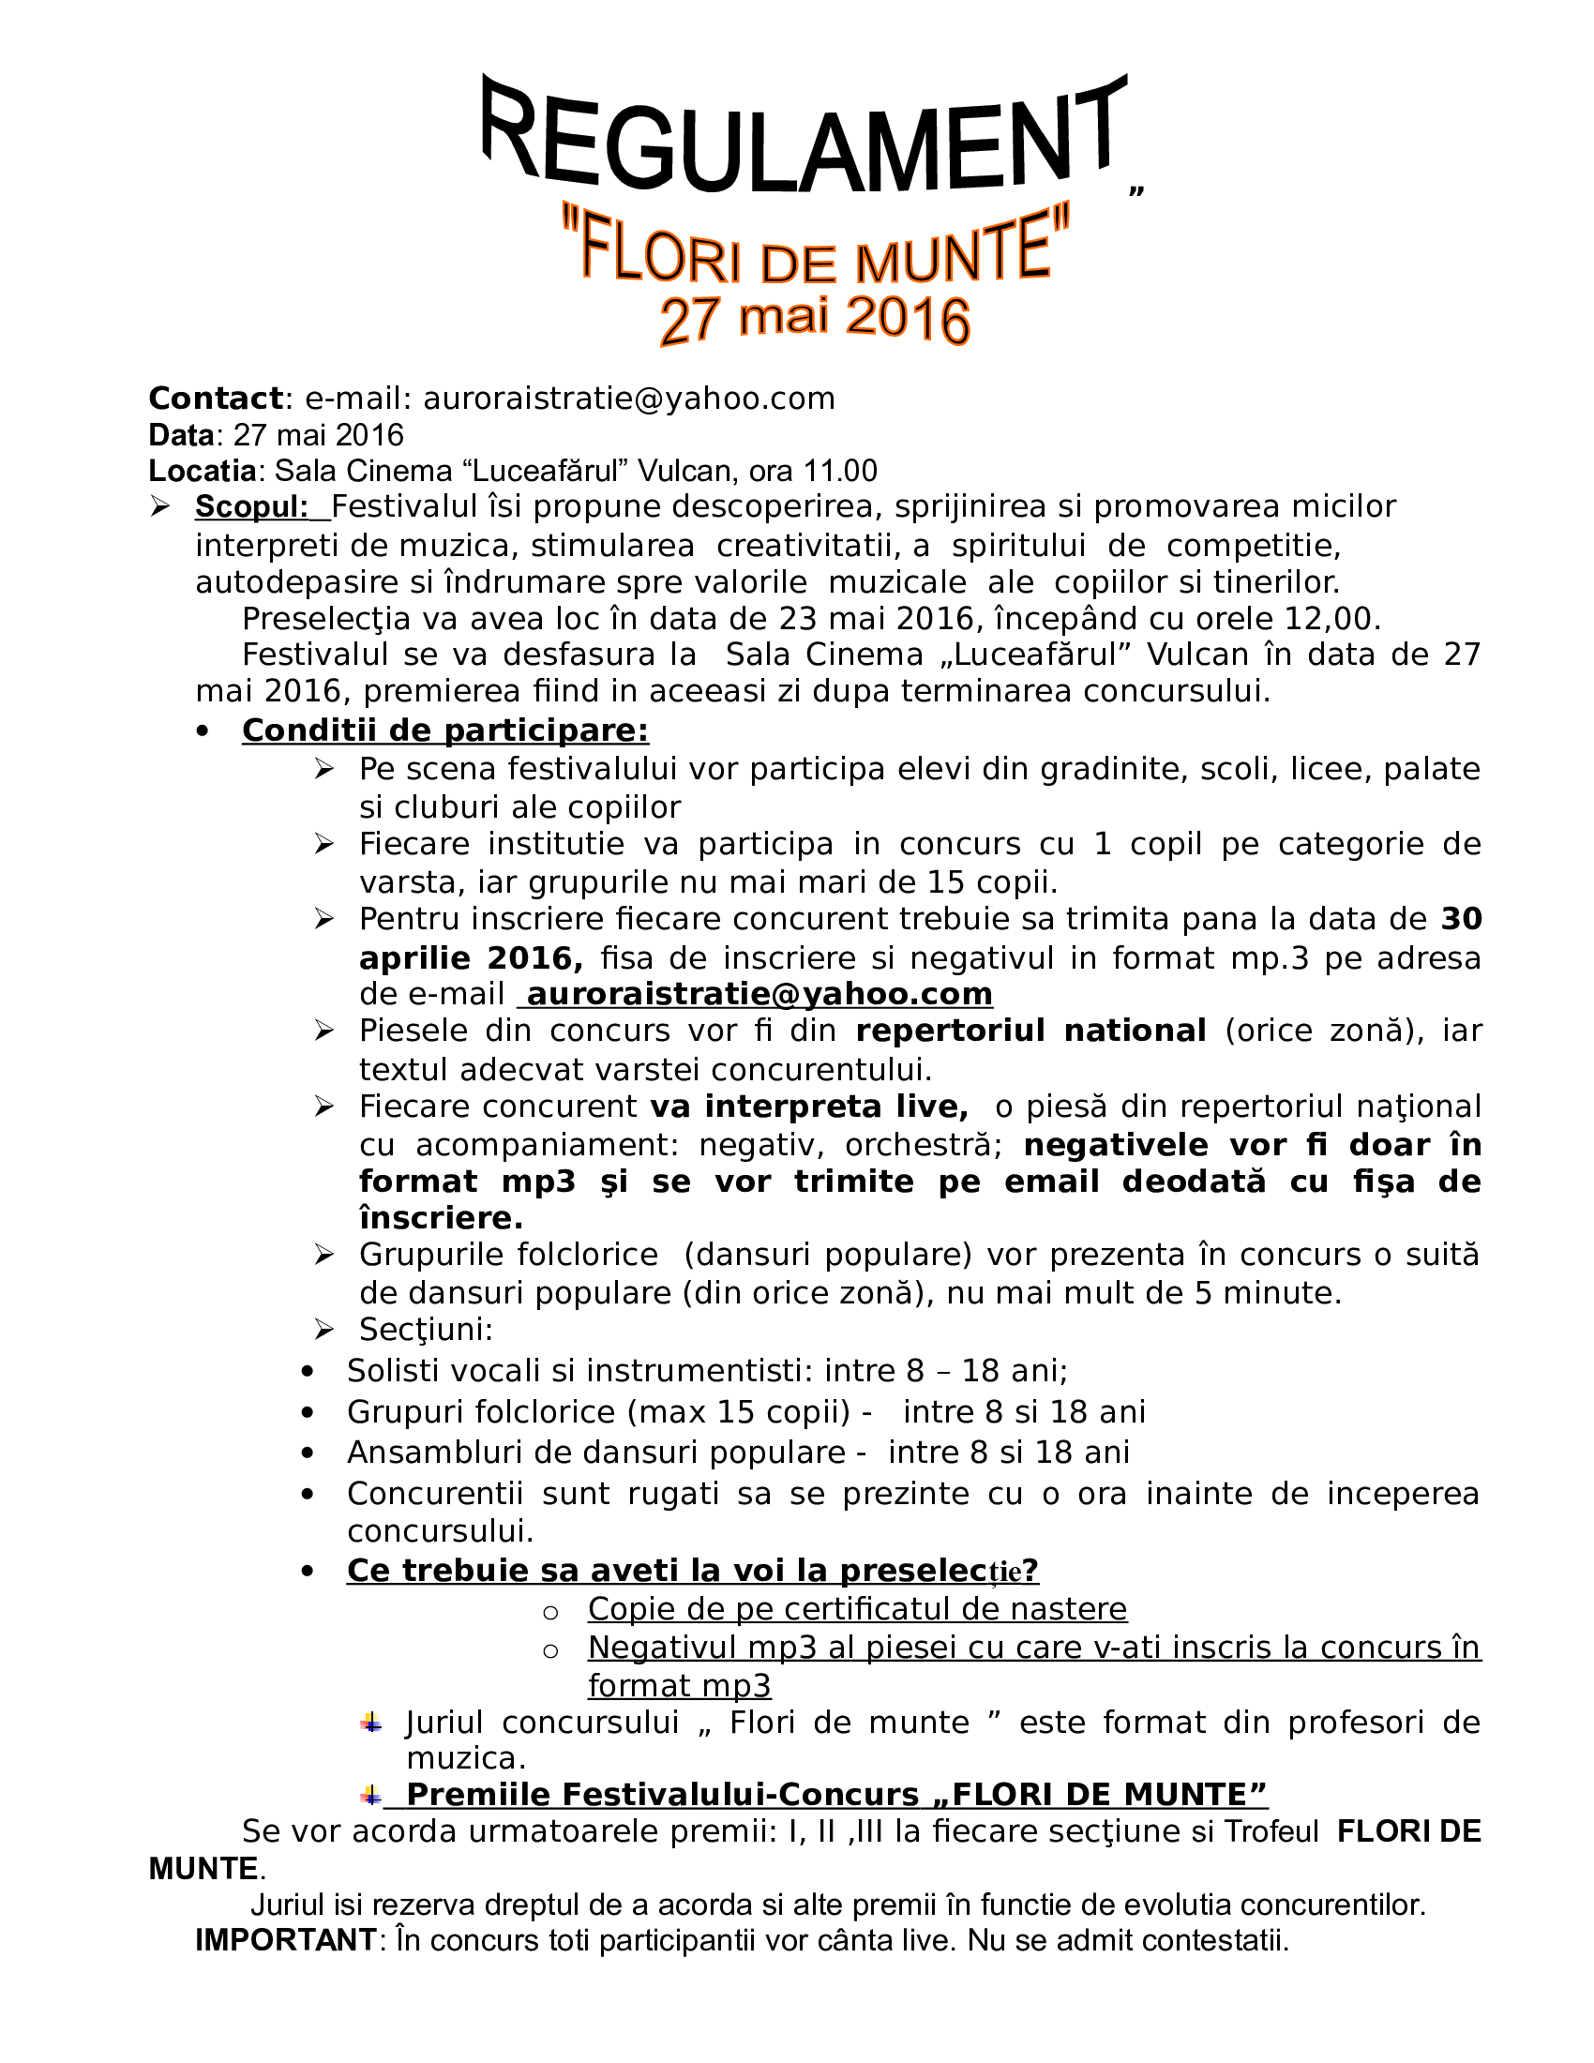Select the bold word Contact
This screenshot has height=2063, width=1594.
tap(216, 399)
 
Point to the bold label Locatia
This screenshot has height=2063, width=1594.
tap(203, 471)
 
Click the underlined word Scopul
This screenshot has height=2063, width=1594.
tap(251, 507)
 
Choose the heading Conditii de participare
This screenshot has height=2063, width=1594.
tap(444, 730)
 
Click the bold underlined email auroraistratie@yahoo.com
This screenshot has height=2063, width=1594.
tap(759, 994)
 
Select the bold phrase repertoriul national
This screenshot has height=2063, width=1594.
tap(1030, 1031)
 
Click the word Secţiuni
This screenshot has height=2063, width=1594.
tap(426, 1330)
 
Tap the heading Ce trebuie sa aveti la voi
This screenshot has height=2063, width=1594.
tap(692, 1570)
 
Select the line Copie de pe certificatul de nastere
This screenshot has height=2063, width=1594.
tap(856, 1608)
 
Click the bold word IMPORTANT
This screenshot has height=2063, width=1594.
tap(286, 1940)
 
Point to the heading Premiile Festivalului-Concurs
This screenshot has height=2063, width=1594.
tap(835, 1795)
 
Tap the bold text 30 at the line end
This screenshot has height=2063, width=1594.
tap(1461, 918)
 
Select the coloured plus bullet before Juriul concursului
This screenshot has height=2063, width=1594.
tap(371, 1722)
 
